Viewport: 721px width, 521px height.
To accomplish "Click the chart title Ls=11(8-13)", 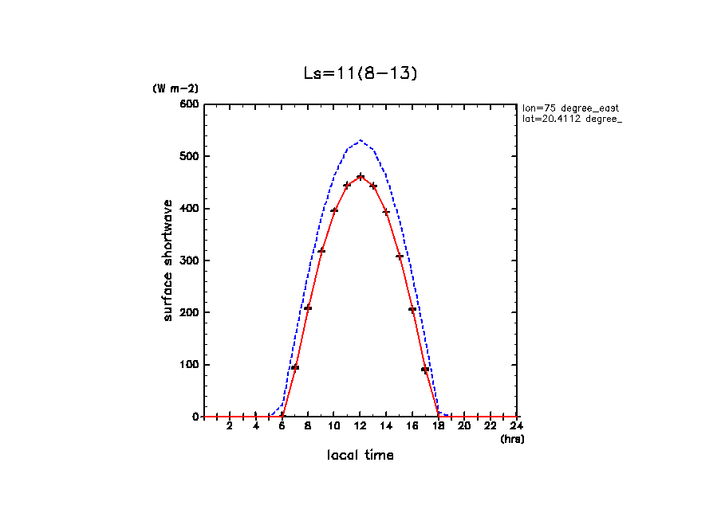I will (x=360, y=73).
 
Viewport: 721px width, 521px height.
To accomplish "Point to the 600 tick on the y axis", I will (x=189, y=104).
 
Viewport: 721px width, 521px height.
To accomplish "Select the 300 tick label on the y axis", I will (x=189, y=260).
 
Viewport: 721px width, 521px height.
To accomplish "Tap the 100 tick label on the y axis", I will (x=189, y=365).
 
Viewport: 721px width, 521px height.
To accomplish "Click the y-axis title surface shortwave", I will (x=168, y=260).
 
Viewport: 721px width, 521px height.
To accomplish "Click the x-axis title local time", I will (x=360, y=456).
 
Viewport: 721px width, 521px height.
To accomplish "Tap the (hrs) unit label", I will (x=512, y=439).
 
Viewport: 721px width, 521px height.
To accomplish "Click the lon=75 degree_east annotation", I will (x=570, y=108).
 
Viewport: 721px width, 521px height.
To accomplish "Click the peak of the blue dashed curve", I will (x=360, y=140).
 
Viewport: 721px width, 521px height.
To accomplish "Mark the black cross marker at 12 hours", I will (x=360, y=177).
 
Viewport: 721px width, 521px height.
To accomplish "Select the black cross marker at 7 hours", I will (x=295, y=367).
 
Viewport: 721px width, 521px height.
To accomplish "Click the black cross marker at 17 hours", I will (x=426, y=369).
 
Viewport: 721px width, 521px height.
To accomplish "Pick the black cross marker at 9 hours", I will (x=321, y=251).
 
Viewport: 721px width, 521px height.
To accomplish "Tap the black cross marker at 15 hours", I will (x=400, y=257).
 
